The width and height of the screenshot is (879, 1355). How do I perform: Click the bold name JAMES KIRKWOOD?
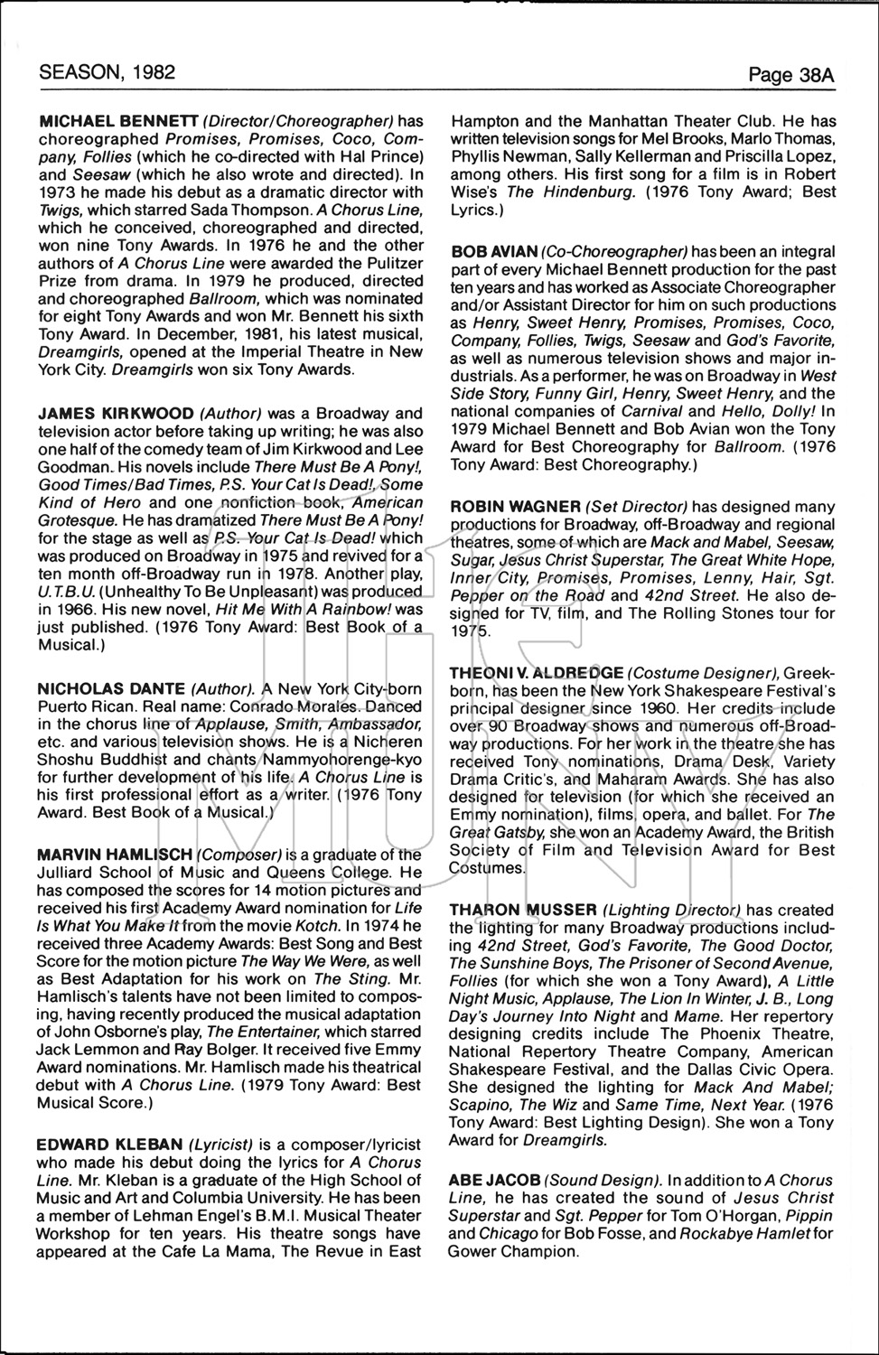pyautogui.click(x=116, y=414)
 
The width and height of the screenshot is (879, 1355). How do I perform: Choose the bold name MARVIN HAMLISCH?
pyautogui.click(x=115, y=855)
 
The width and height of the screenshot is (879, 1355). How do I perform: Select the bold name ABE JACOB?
pyautogui.click(x=494, y=1181)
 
